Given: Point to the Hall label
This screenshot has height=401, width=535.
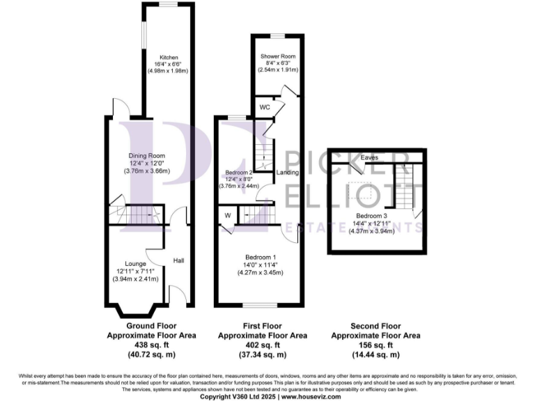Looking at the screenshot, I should pyautogui.click(x=178, y=260).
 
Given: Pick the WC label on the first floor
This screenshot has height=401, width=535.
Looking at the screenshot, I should pyautogui.click(x=265, y=108).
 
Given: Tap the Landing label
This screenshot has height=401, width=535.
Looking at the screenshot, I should pyautogui.click(x=287, y=173).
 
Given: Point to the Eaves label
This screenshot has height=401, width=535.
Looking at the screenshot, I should pyautogui.click(x=370, y=158).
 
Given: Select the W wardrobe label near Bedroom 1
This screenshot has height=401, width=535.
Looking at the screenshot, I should pyautogui.click(x=228, y=215).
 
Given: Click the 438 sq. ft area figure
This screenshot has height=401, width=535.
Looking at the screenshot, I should pyautogui.click(x=151, y=345).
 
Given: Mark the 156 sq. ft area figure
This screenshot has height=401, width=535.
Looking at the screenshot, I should pyautogui.click(x=375, y=345).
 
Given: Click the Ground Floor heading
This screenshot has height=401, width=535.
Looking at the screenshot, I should pyautogui.click(x=151, y=326).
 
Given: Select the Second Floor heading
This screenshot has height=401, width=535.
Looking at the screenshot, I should pyautogui.click(x=375, y=326).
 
